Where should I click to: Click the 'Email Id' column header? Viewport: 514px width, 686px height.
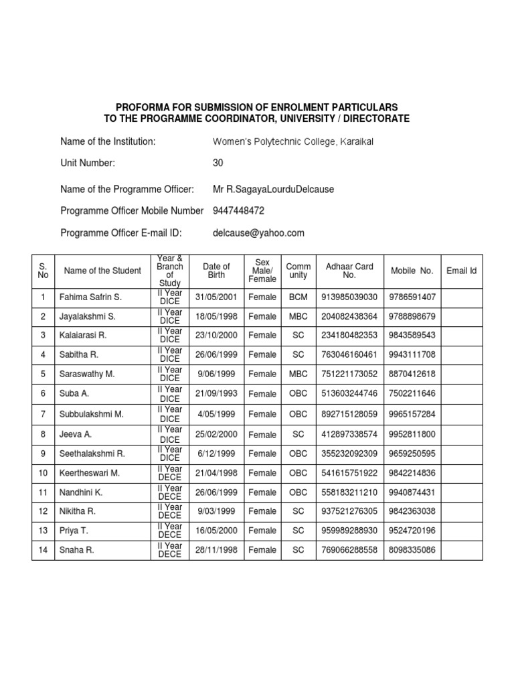point(461,271)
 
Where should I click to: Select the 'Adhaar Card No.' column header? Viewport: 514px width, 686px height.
point(349,271)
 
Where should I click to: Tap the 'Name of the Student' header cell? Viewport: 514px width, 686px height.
point(102,271)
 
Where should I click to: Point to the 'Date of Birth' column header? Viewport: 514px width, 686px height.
point(216,271)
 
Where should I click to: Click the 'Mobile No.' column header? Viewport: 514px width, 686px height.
point(412,271)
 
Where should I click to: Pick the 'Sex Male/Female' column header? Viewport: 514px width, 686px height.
point(262,271)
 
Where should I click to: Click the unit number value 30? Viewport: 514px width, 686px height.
point(218,163)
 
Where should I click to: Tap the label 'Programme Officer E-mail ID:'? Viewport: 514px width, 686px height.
point(121,232)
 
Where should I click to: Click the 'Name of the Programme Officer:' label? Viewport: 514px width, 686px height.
point(127,189)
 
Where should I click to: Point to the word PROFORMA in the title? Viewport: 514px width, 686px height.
point(143,107)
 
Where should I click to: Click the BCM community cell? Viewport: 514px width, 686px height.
point(298,297)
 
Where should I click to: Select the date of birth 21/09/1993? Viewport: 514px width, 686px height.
point(216,394)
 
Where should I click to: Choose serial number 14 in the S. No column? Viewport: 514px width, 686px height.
point(43,550)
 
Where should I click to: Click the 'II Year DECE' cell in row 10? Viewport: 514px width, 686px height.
point(170,474)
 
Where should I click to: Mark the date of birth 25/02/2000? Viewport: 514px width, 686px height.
point(216,434)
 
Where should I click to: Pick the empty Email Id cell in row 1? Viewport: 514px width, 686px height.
point(461,297)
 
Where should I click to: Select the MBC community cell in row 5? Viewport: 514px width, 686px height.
point(298,374)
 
